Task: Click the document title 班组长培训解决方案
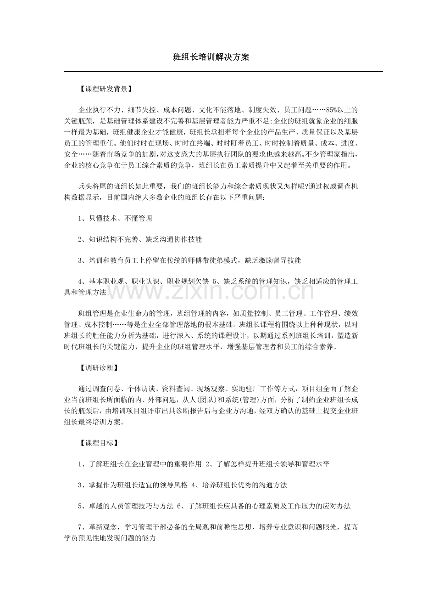211,57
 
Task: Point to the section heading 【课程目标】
99,443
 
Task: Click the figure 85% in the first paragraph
332,110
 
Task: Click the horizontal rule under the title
223,72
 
